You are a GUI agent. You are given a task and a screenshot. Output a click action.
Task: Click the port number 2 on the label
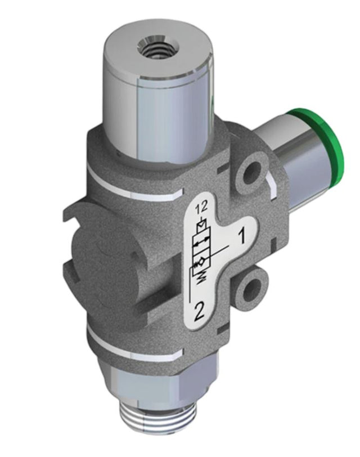point(199,312)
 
